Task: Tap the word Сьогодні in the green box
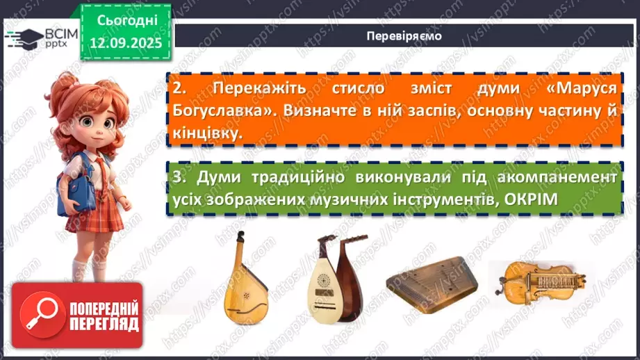tap(126, 20)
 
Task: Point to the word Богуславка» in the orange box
tap(220, 111)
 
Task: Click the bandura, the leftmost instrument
tap(244, 277)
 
